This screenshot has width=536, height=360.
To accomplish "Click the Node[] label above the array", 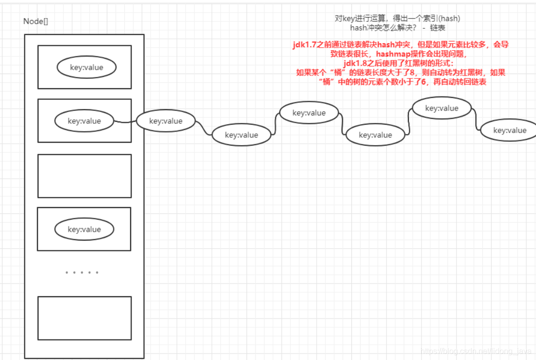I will [36, 21].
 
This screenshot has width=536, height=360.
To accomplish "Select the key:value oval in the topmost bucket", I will [87, 68].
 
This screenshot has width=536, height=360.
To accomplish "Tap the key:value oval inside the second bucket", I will [84, 121].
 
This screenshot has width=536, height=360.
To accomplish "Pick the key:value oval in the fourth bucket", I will [84, 229].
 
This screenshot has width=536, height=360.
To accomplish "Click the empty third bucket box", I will [84, 176].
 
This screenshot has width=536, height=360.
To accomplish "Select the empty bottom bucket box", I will [84, 318].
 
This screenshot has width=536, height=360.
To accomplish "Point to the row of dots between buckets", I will [82, 272].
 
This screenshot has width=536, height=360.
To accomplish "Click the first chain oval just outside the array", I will [166, 121].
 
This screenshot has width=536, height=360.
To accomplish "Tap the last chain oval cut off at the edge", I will [509, 130].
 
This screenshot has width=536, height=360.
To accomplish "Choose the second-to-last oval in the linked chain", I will [441, 108].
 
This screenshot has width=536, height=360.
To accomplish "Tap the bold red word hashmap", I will [393, 54].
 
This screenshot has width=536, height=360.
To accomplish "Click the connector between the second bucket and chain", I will [125, 122].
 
